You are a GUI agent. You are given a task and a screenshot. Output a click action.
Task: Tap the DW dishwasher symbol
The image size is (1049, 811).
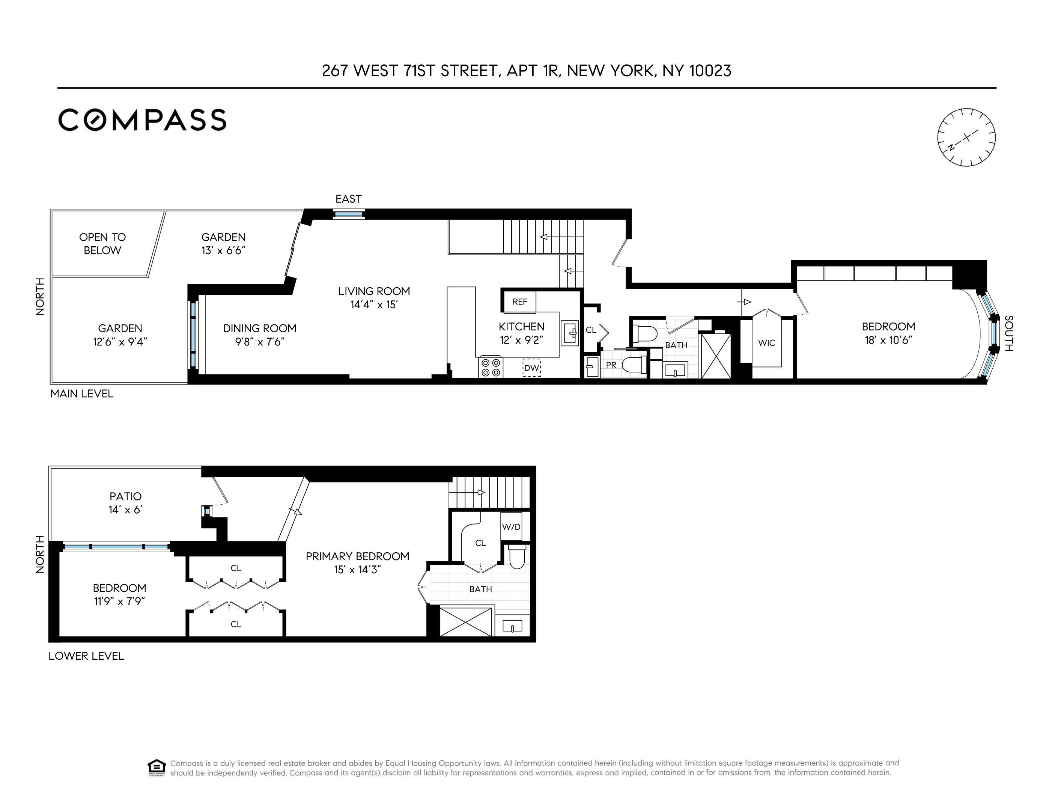point(531,368)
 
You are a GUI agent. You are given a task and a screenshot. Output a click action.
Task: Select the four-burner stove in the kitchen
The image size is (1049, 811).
point(491,368)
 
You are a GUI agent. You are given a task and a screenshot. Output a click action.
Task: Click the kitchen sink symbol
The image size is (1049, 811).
point(570,332)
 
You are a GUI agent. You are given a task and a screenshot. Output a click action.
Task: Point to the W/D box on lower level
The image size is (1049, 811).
point(511,526)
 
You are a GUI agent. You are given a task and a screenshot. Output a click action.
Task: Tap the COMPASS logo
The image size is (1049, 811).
point(142,120)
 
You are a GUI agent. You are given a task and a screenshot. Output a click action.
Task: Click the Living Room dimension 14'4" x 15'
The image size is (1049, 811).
point(374,305)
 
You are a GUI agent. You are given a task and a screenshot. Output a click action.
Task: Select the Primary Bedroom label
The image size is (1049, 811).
point(357,556)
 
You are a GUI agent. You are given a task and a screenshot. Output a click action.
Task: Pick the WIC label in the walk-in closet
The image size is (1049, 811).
point(766,342)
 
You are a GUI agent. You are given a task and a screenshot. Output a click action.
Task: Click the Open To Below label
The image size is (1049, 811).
point(102,244)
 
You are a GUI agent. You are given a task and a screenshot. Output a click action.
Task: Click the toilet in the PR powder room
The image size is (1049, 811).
point(634,365)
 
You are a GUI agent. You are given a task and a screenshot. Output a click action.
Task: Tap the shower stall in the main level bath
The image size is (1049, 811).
point(716,356)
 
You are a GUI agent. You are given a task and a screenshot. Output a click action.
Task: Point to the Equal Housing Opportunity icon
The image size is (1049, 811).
point(157,767)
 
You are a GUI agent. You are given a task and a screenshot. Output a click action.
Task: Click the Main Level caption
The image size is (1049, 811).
point(82,393)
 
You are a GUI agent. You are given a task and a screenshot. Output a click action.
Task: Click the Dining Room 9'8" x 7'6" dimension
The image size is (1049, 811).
point(259,342)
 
